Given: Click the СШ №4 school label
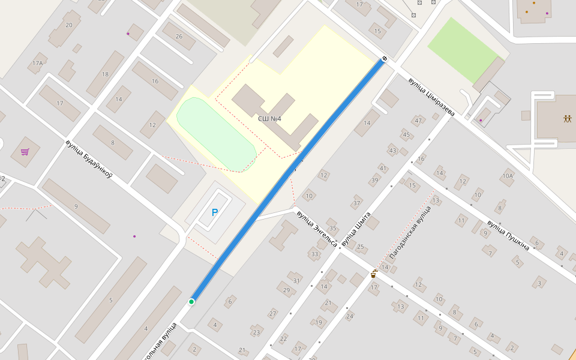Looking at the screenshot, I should pos(269,119).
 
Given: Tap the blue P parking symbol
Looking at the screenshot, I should pos(215,212).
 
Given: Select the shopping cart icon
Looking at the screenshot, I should pos(25,152).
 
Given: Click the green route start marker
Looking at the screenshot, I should pos(191,301).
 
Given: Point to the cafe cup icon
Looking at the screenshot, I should pos(373,274).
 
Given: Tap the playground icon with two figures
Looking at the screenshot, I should pos(568,118).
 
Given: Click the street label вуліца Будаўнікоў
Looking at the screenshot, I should pos(89,160).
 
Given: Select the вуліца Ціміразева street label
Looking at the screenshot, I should pos(431,97).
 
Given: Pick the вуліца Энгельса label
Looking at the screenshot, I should pos(317,229).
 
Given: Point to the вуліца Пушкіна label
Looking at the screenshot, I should pos(508,235).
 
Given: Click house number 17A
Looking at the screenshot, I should pos(38,63).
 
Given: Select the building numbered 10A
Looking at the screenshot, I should pos(508,176).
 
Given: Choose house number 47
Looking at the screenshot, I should pos(418,121).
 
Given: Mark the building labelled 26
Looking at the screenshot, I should pos(179,36).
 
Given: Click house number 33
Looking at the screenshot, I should pos(314,254).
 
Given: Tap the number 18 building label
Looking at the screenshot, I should pos(105,74).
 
